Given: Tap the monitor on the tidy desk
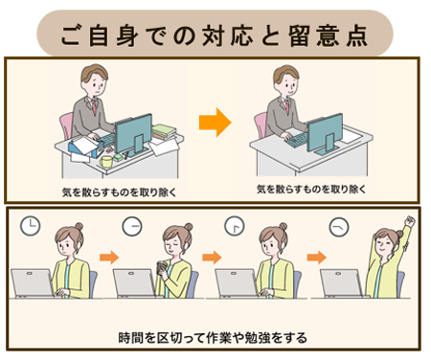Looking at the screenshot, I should click(x=325, y=134).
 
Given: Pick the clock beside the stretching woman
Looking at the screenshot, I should click(x=338, y=228).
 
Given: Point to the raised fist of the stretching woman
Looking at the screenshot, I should click(x=411, y=221).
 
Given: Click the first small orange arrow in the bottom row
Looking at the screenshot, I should click(x=107, y=257).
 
